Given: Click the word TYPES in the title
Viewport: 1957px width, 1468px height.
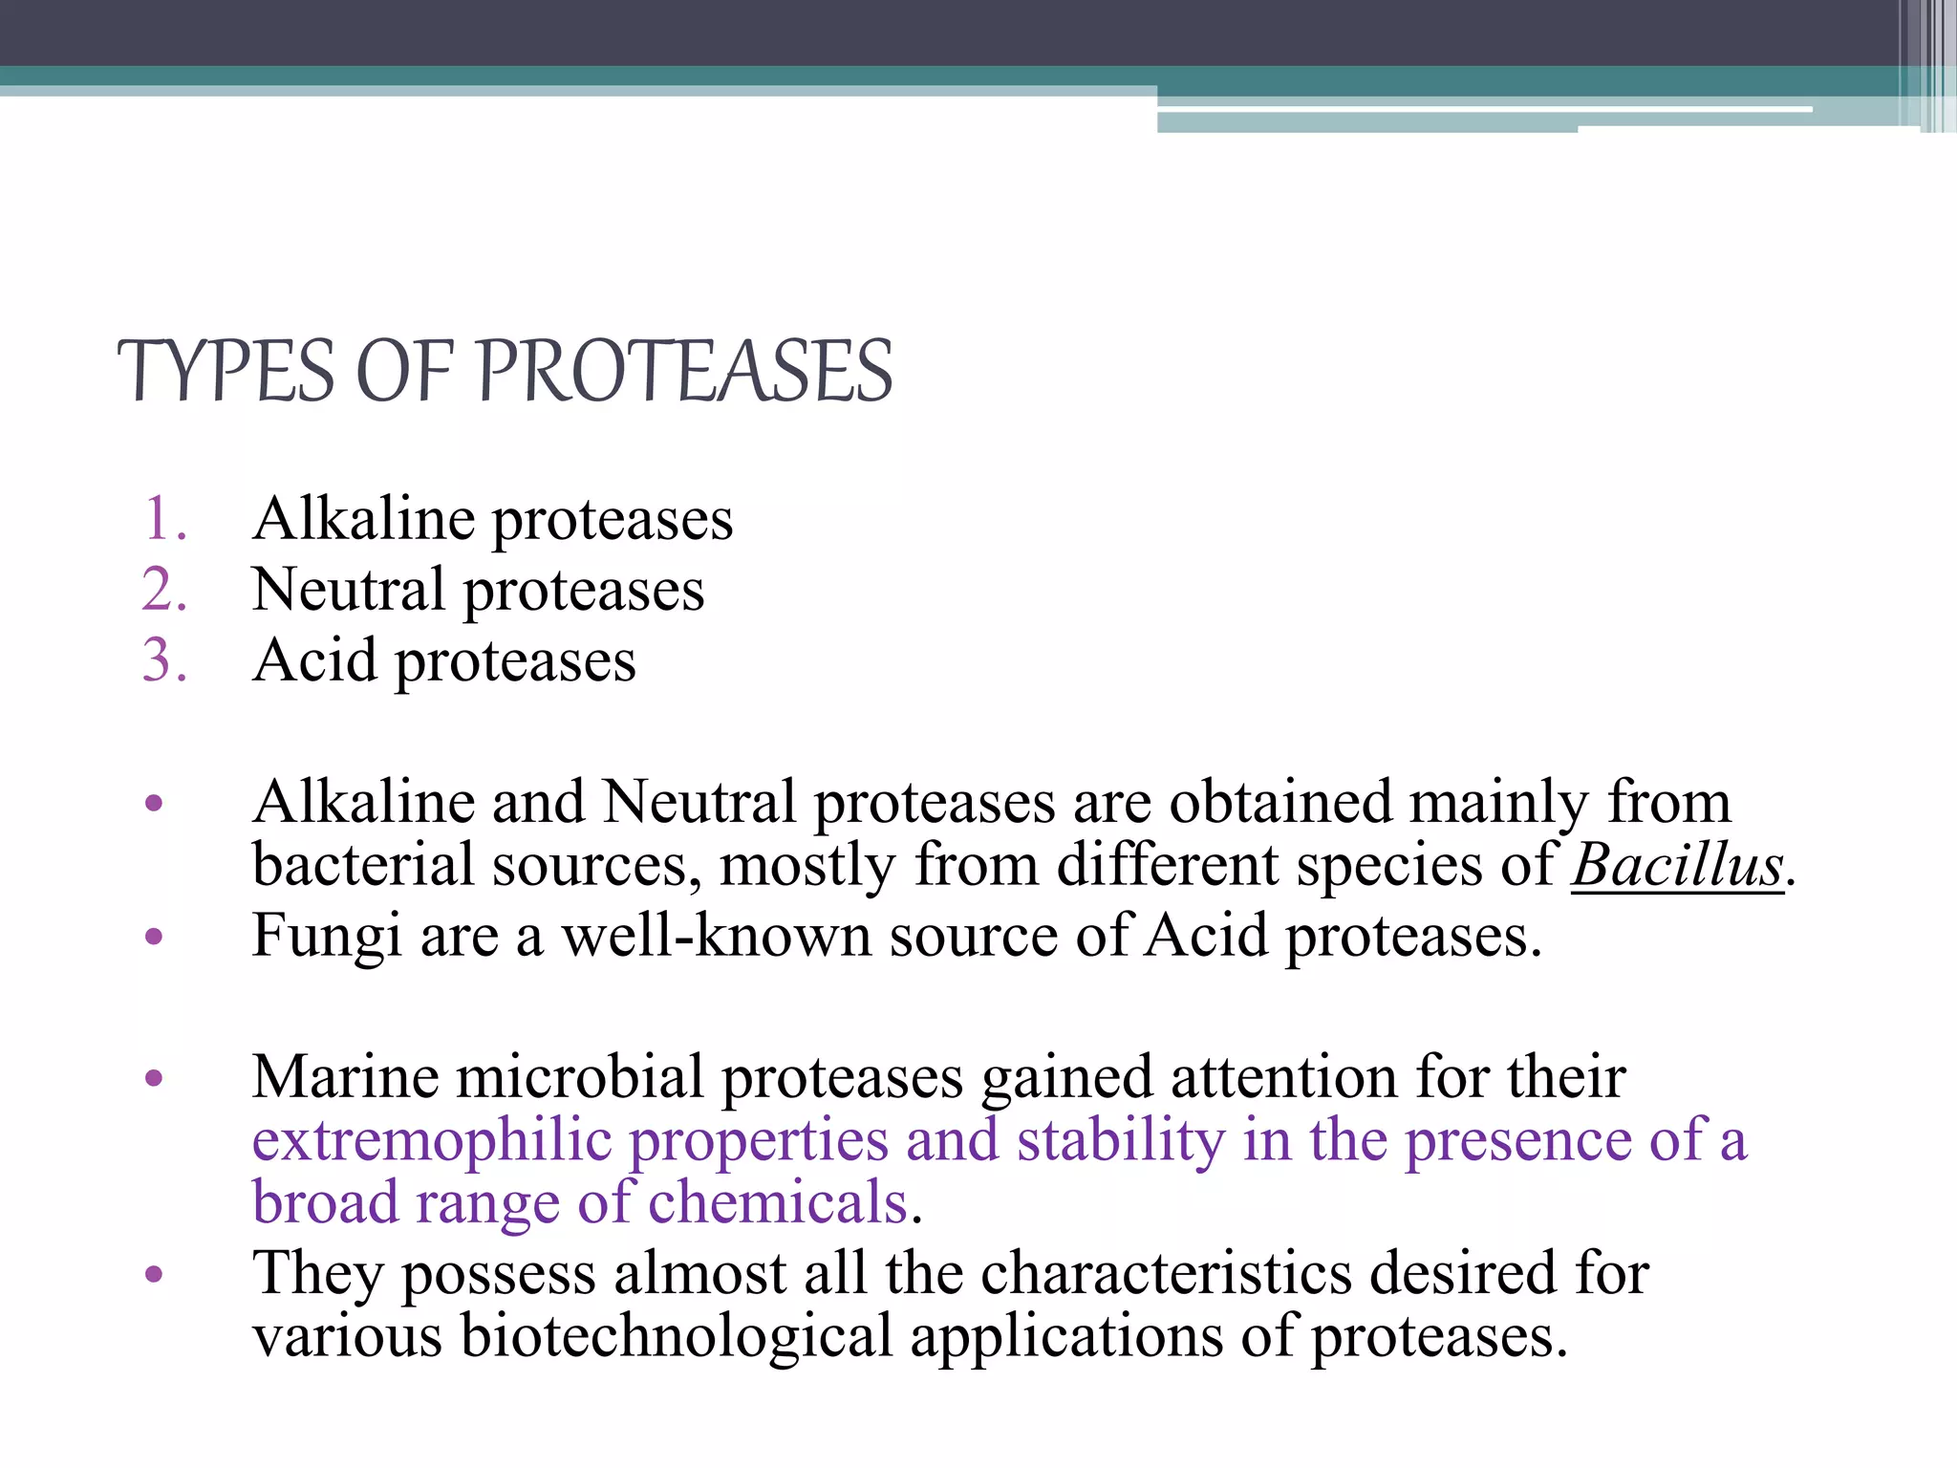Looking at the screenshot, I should tap(226, 373).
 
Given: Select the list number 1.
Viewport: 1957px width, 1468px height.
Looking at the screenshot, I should tap(164, 520).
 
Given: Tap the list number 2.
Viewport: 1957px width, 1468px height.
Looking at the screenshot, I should tap(164, 590).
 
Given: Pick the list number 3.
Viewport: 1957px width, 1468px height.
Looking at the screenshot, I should tap(164, 660).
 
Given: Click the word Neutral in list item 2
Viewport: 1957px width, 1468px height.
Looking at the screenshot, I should tap(348, 590).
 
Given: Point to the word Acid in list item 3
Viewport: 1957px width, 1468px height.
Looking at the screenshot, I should tap(315, 660).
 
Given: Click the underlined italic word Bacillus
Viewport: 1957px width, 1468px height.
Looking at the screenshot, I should tap(1678, 866).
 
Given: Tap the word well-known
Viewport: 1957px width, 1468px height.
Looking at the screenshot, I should tap(716, 936).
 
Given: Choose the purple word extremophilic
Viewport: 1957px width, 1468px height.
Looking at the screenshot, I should tap(431, 1141).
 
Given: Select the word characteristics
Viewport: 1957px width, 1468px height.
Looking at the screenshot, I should tap(1166, 1273).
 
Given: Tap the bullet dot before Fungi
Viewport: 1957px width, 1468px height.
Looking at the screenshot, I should tap(155, 937).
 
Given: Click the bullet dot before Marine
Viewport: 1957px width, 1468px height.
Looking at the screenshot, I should tap(155, 1079).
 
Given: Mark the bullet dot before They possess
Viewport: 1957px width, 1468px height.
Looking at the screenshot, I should tap(155, 1274).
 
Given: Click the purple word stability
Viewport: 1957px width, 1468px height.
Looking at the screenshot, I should tap(1120, 1141).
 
